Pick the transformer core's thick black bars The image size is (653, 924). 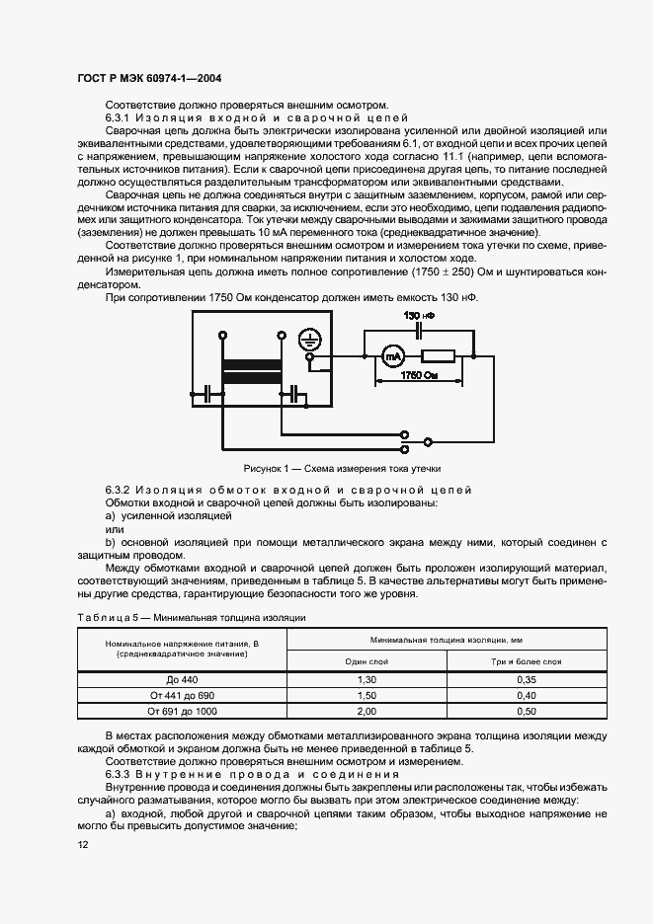coord(252,375)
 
